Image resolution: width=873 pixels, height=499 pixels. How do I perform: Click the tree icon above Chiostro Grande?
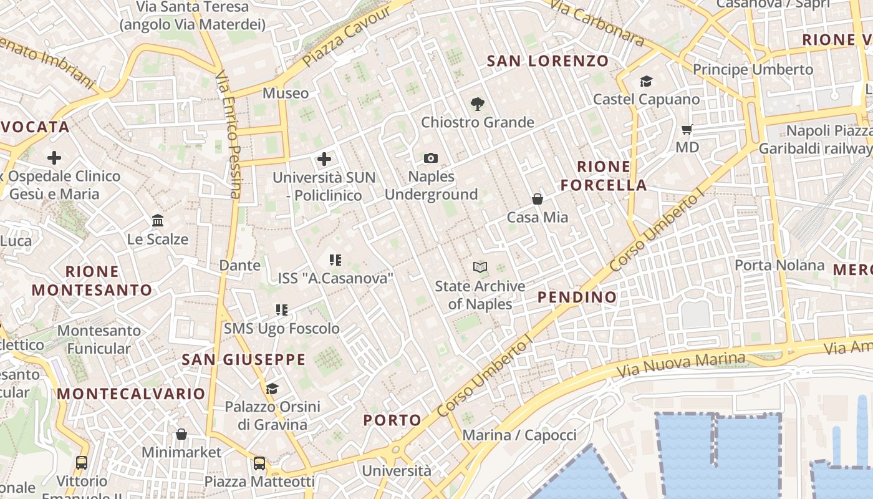(478, 104)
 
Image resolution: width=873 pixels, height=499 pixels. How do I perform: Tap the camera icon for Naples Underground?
(431, 158)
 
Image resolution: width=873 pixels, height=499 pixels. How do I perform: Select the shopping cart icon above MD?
(687, 130)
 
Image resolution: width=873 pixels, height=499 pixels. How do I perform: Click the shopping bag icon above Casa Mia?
(538, 199)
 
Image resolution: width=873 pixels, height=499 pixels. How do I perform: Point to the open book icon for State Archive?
(480, 268)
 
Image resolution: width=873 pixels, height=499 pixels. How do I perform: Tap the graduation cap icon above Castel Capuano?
(646, 82)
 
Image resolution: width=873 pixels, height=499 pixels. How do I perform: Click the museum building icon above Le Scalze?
(158, 221)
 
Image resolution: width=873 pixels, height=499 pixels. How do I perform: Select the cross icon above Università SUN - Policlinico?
(324, 159)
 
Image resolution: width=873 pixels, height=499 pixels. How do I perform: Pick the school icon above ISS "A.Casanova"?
(335, 259)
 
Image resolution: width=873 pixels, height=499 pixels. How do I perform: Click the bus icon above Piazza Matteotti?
(259, 463)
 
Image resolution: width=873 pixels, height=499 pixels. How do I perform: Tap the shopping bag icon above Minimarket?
(181, 434)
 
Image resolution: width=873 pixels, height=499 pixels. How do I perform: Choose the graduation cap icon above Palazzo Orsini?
(272, 389)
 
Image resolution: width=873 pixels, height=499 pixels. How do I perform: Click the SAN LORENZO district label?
(547, 61)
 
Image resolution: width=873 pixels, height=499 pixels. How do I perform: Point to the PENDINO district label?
(577, 297)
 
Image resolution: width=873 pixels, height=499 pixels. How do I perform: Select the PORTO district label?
(392, 420)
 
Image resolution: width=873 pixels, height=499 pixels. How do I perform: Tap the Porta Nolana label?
(779, 265)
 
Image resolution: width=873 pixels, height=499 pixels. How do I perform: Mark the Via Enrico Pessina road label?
(228, 134)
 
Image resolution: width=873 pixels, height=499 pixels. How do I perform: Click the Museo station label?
(286, 94)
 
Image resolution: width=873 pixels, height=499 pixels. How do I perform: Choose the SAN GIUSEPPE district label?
(244, 359)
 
